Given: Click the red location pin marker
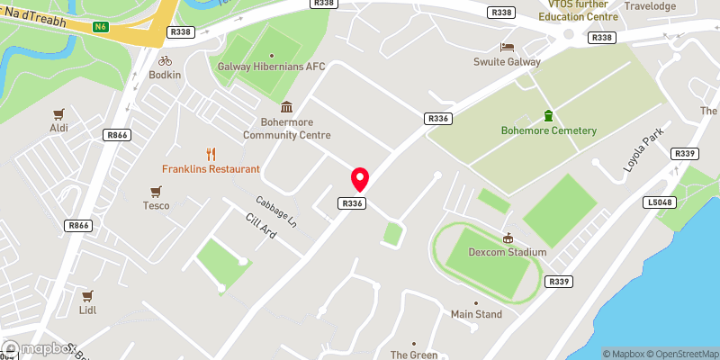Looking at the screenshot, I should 360,178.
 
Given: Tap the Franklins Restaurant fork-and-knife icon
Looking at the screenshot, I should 211,154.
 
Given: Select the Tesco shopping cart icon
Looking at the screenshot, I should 157,191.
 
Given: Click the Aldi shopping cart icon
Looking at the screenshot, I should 59,114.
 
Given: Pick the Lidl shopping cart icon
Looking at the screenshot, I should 87,295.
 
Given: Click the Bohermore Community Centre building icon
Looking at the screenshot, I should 286,107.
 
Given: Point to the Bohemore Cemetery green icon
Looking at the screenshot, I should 548,115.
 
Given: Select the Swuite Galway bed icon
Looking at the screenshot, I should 507,47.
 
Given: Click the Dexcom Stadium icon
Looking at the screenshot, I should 508,238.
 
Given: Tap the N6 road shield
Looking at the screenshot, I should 101,27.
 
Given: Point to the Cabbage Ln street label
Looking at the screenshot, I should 276,211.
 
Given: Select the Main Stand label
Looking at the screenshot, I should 476,314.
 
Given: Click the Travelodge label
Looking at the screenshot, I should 650,5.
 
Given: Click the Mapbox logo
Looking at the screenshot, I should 40,348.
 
